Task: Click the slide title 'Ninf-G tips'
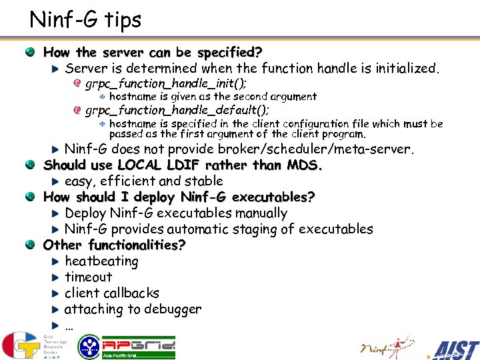coord(85,19)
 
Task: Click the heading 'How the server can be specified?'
coord(153,52)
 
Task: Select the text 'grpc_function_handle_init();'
coord(166,83)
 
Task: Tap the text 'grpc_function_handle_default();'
coord(177,110)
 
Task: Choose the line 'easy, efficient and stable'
coord(144,181)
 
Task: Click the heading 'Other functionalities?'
coord(114,245)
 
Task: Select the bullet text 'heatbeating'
coord(101,261)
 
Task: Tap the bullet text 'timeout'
coord(89,277)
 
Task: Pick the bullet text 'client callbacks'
coord(112,293)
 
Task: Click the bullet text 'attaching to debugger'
coord(133,309)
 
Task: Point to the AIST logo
coord(455,349)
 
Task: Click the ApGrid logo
coord(127,347)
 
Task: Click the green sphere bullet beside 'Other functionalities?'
coord(30,245)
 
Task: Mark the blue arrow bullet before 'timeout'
coord(56,277)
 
